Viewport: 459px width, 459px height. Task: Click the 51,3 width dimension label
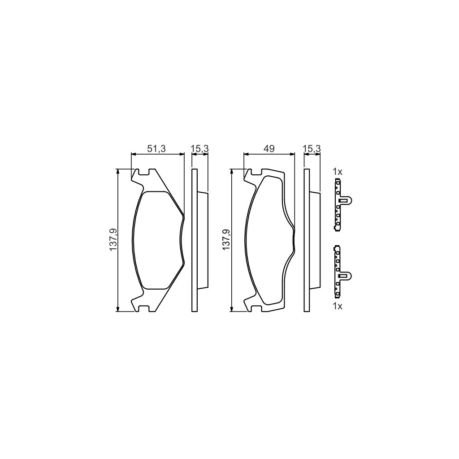[157, 149]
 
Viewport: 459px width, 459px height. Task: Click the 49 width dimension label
[269, 149]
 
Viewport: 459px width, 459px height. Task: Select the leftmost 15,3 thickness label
[200, 149]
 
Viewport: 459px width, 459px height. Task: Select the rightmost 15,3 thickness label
[312, 149]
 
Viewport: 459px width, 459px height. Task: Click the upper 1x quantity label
[338, 172]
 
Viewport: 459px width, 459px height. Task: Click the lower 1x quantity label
[338, 306]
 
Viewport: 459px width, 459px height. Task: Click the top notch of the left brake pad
[144, 172]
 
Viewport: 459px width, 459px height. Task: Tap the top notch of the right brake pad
[256, 172]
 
